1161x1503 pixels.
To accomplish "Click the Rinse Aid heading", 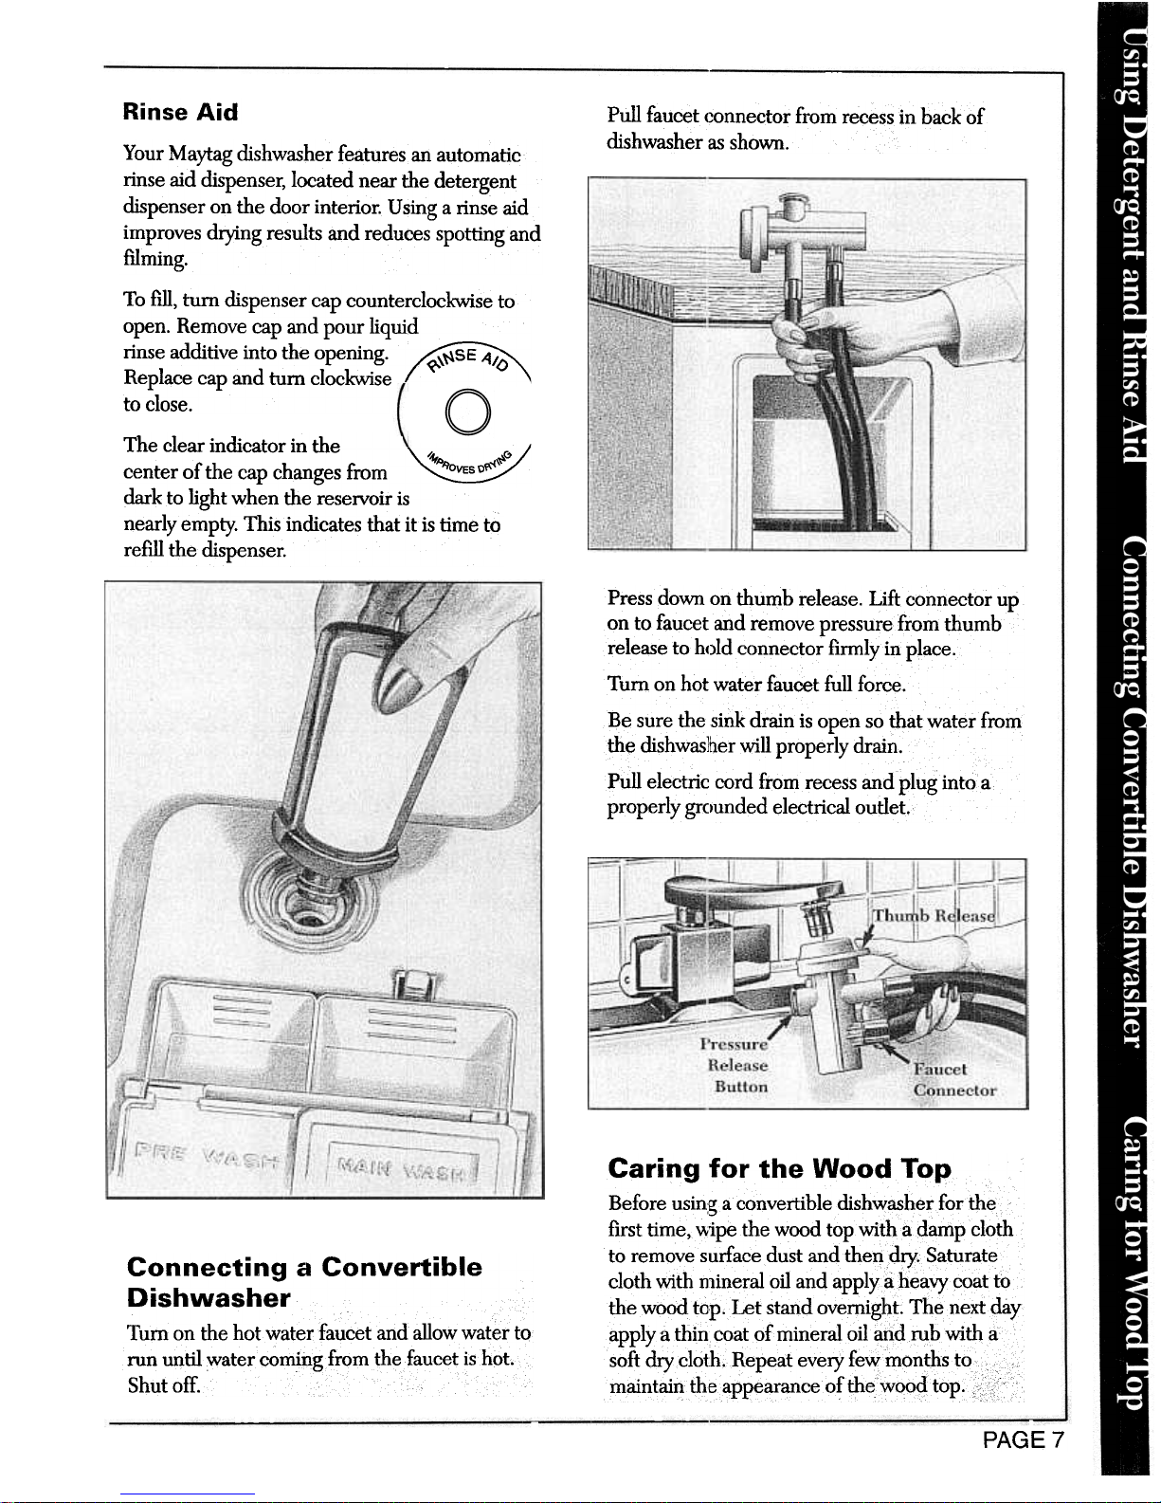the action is pyautogui.click(x=180, y=112).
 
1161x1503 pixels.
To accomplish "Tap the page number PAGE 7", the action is pyautogui.click(x=1024, y=1439).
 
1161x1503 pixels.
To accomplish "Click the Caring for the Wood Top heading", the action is pyautogui.click(x=779, y=1168).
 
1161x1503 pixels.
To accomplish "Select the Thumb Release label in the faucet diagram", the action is pyautogui.click(x=934, y=915).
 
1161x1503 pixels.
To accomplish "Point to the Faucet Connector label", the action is pyautogui.click(x=954, y=1079).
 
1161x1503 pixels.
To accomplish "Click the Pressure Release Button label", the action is pyautogui.click(x=735, y=1065).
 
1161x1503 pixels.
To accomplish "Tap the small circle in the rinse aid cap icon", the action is pyautogui.click(x=468, y=413).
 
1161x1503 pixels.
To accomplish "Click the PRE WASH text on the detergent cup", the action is pyautogui.click(x=208, y=1153).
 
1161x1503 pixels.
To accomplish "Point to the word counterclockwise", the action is pyautogui.click(x=420, y=301).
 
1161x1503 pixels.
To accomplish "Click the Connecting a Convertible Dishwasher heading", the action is pyautogui.click(x=305, y=1282).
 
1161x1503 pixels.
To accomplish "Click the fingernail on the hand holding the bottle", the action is pyautogui.click(x=402, y=679).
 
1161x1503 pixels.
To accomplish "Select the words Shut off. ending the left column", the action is pyautogui.click(x=164, y=1385).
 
